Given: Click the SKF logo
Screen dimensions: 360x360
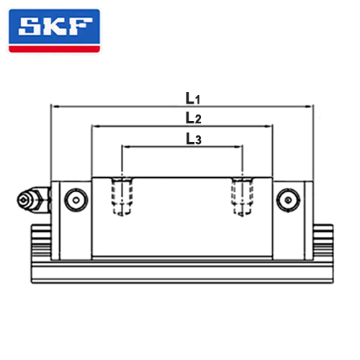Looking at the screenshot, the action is (x=54, y=31).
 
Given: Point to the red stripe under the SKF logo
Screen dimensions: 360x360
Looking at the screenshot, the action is (x=54, y=49).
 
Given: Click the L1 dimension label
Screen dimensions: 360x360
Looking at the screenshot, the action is (x=193, y=99).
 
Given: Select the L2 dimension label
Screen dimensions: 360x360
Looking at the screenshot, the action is (x=194, y=118).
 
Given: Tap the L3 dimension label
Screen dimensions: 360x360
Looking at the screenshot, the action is (x=194, y=139).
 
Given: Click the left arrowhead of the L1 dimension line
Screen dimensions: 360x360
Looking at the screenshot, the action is (x=55, y=107).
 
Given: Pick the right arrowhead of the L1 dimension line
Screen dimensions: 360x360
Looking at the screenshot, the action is (x=308, y=107).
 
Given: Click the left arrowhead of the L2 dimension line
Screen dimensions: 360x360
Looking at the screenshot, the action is (x=96, y=126).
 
